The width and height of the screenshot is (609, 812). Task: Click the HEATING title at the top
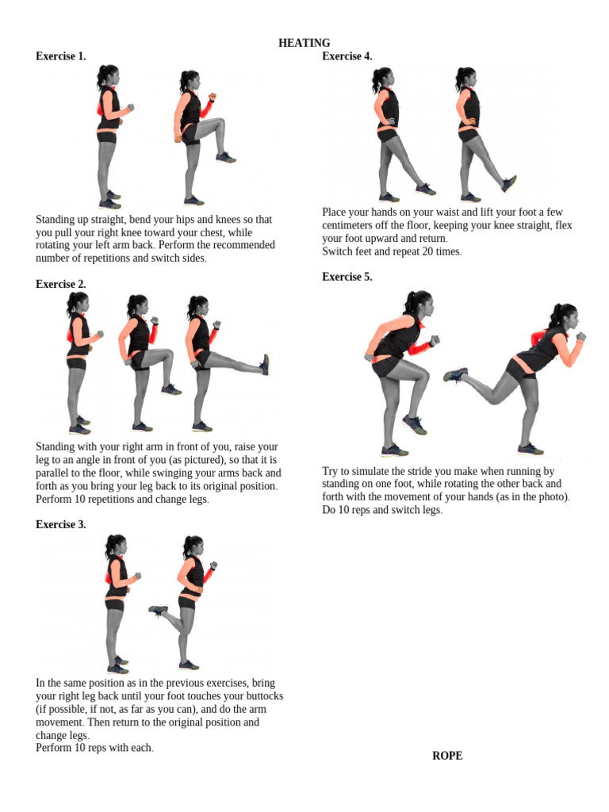304,43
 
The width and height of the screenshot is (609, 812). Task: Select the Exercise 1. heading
61,56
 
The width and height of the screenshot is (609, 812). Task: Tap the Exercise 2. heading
61,284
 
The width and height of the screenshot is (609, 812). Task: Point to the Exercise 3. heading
61,524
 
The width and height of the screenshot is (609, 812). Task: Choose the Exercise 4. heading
347,56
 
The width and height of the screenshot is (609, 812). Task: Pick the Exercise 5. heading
347,277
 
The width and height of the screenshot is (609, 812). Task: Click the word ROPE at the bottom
447,756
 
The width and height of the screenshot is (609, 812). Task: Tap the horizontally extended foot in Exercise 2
265,365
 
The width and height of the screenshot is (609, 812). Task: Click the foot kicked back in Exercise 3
158,611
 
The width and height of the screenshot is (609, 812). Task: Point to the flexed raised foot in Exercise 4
509,183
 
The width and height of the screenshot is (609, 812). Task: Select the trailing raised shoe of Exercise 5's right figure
455,374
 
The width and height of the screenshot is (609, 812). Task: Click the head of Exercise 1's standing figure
108,76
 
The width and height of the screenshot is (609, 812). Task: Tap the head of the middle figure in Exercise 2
138,304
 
